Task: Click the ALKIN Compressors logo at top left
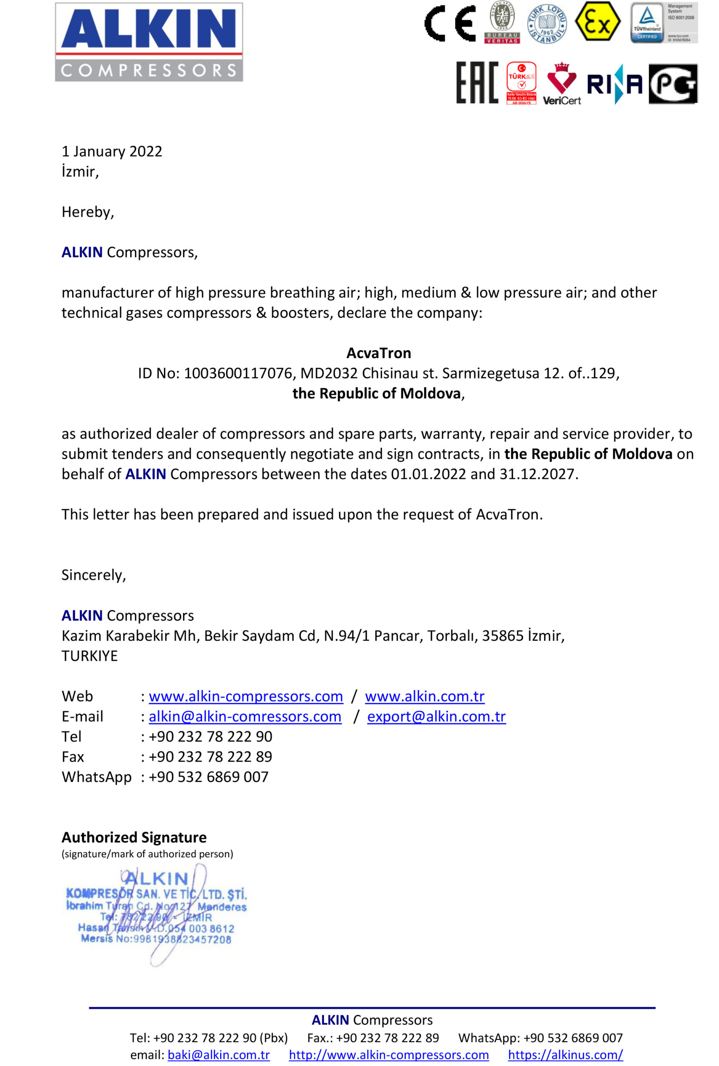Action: [x=149, y=42]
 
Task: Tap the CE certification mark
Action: [x=450, y=23]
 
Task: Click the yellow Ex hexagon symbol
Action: [x=597, y=22]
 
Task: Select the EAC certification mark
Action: [x=477, y=83]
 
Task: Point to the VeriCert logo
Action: [x=562, y=84]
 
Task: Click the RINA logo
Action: [x=615, y=84]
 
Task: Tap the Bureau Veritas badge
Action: [x=502, y=22]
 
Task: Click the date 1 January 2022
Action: [x=112, y=151]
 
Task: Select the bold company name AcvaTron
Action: [x=379, y=353]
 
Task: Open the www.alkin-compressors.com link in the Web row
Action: [x=246, y=697]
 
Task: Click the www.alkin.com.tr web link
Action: [x=425, y=697]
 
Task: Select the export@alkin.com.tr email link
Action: [x=437, y=717]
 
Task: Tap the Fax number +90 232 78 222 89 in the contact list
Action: [x=211, y=757]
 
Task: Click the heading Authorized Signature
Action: [x=134, y=838]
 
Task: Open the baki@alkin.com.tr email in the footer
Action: [x=219, y=1055]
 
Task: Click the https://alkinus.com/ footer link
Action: [x=565, y=1055]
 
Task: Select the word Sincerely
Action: [x=94, y=575]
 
